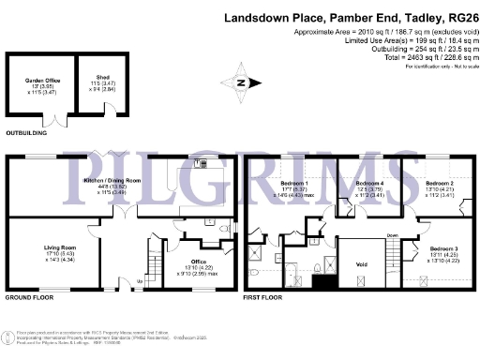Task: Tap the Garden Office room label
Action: (38, 82)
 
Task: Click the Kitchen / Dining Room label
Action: (112, 178)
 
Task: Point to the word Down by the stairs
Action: (392, 235)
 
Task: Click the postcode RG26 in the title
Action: (457, 18)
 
